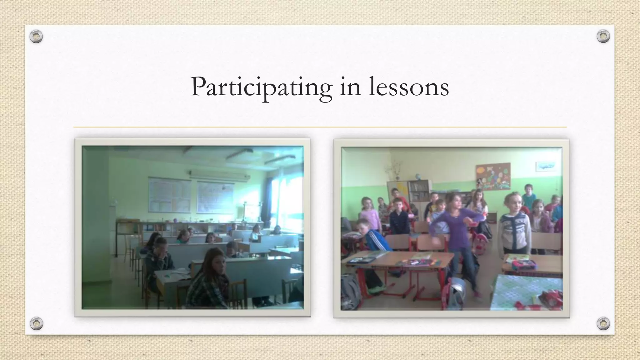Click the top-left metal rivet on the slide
36,37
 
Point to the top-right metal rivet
603,37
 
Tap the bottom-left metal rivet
36,323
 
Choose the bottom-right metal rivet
603,323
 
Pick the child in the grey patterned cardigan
514,228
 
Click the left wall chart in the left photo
169,194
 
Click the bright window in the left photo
286,200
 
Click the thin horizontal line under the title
320,127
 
